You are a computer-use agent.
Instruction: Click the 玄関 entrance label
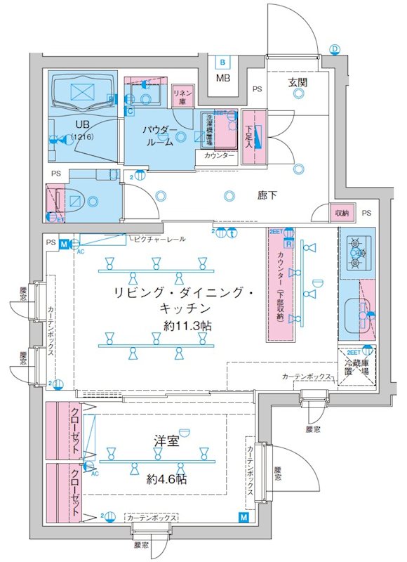(297, 82)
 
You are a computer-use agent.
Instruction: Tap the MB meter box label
(222, 77)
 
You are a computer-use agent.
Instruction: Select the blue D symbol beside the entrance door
(335, 48)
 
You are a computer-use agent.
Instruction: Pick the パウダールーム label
(160, 136)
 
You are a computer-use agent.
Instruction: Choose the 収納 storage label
(342, 213)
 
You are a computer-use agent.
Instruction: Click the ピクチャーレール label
(159, 240)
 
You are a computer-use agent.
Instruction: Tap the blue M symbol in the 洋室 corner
(243, 518)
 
